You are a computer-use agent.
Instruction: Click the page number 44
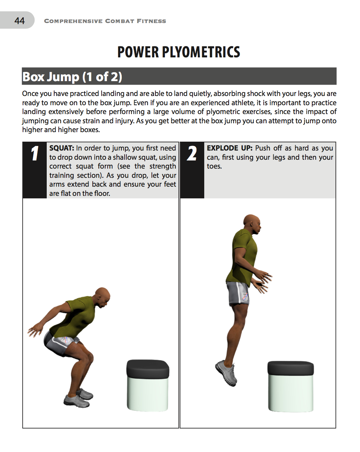click(19, 21)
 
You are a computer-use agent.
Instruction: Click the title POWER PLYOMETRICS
click(179, 52)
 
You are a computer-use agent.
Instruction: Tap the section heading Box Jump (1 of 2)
click(72, 77)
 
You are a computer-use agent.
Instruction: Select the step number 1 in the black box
click(35, 154)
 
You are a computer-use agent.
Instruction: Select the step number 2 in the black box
click(192, 154)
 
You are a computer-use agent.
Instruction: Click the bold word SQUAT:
click(62, 148)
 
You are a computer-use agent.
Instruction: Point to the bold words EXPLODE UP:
click(229, 148)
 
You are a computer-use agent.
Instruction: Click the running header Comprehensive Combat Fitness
click(105, 21)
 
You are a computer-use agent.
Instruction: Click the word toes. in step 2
click(214, 166)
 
